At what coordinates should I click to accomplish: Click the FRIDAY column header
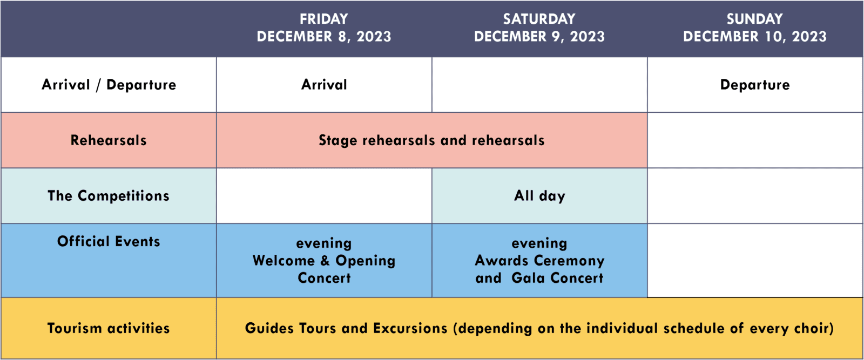pyautogui.click(x=324, y=28)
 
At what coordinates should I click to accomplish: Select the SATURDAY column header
pyautogui.click(x=539, y=28)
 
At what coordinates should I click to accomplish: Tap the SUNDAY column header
pyautogui.click(x=755, y=28)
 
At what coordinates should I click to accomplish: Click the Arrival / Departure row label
pyautogui.click(x=109, y=85)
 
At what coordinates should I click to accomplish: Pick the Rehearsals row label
pyautogui.click(x=109, y=140)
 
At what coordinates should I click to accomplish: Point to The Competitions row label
pyautogui.click(x=109, y=196)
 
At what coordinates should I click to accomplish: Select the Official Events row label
pyautogui.click(x=109, y=241)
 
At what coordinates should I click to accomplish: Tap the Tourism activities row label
pyautogui.click(x=109, y=328)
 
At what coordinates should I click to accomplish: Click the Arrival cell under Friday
pyautogui.click(x=324, y=85)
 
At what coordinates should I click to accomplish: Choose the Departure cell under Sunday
pyautogui.click(x=755, y=85)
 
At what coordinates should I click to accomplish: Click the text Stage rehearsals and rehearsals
pyautogui.click(x=431, y=140)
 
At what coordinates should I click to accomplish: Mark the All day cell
pyautogui.click(x=539, y=196)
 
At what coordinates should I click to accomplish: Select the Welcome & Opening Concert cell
pyautogui.click(x=324, y=261)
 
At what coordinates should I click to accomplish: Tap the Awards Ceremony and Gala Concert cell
pyautogui.click(x=539, y=261)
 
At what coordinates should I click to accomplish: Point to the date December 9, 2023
pyautogui.click(x=539, y=36)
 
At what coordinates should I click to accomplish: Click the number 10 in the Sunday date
pyautogui.click(x=777, y=36)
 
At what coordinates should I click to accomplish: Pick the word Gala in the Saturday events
pyautogui.click(x=529, y=278)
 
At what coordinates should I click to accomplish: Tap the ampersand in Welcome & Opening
pyautogui.click(x=325, y=261)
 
